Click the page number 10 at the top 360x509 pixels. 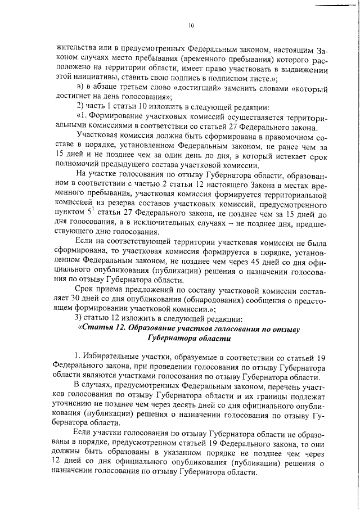pyautogui.click(x=191, y=25)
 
